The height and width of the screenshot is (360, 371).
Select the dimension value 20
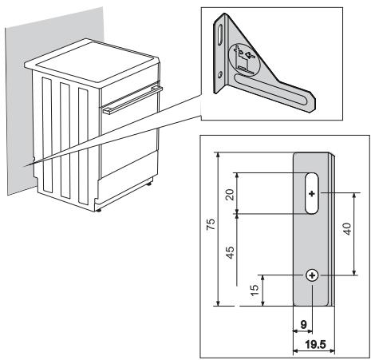point(230,193)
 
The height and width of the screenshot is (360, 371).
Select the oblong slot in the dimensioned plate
point(311,193)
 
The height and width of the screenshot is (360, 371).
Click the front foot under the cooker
point(97,209)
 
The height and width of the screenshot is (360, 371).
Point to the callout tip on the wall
point(26,165)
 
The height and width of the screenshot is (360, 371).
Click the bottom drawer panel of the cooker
point(128,191)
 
